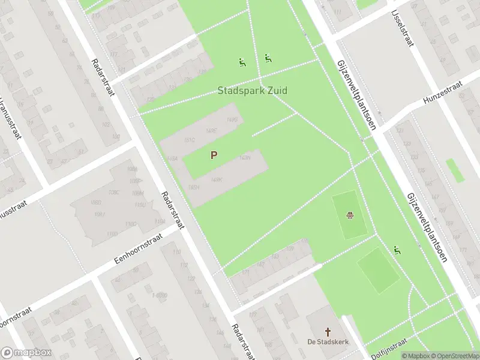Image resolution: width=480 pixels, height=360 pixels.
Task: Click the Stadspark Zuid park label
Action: (x=252, y=91)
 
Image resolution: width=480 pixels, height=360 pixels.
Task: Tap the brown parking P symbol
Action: (x=214, y=155)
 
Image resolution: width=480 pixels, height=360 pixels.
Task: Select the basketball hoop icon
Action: (x=350, y=215)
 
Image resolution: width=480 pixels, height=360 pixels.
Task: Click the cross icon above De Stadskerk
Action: (x=328, y=331)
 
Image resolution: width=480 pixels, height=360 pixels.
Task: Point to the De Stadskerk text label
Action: (x=328, y=342)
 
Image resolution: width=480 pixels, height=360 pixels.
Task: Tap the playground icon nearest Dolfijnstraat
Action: (x=397, y=250)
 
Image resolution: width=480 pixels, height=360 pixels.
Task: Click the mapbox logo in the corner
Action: (x=25, y=352)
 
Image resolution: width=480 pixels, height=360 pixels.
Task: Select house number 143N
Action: (x=245, y=158)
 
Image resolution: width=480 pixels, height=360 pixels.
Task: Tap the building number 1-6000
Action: (x=160, y=295)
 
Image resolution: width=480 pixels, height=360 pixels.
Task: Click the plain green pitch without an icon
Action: (x=379, y=271)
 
